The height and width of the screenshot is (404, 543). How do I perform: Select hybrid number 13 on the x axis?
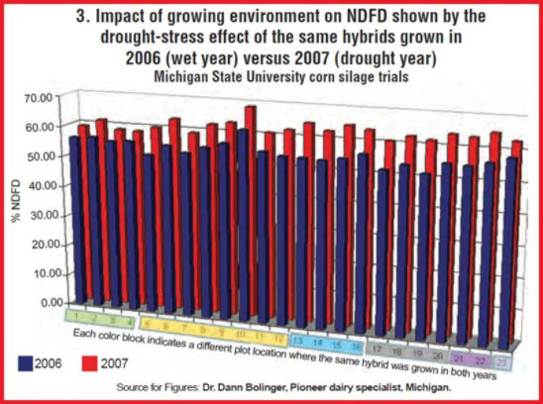click(301, 338)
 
